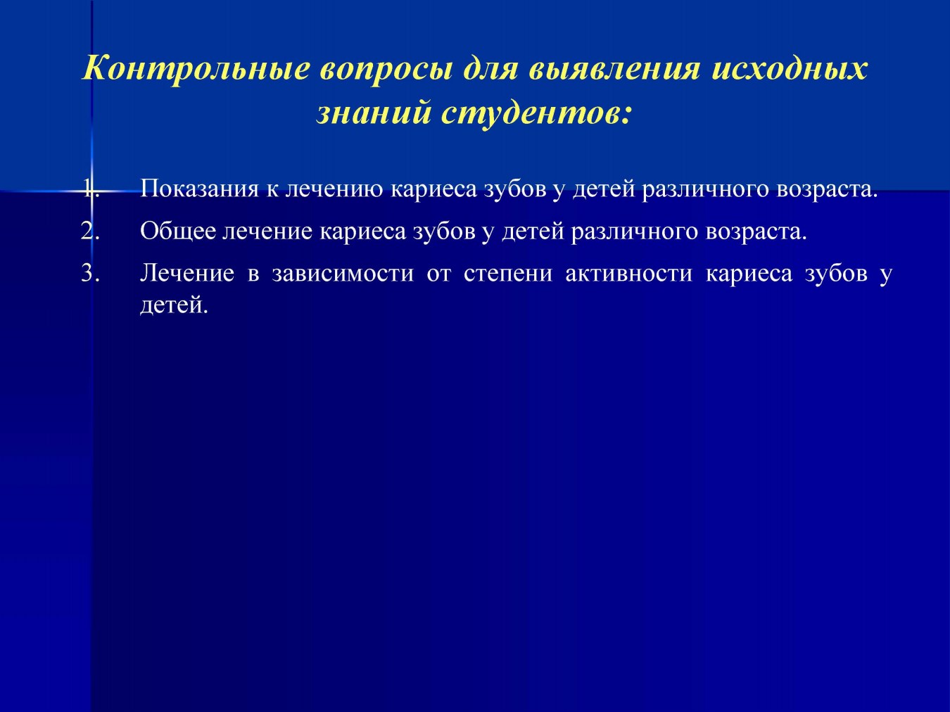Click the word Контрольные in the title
click(196, 68)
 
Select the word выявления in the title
click(614, 69)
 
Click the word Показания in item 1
click(199, 189)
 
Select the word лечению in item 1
click(334, 189)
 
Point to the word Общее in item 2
click(178, 231)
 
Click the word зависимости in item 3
click(343, 274)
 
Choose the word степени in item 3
click(508, 274)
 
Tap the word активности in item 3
click(629, 274)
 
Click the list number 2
click(90, 231)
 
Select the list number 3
click(90, 274)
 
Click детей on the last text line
click(174, 305)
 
